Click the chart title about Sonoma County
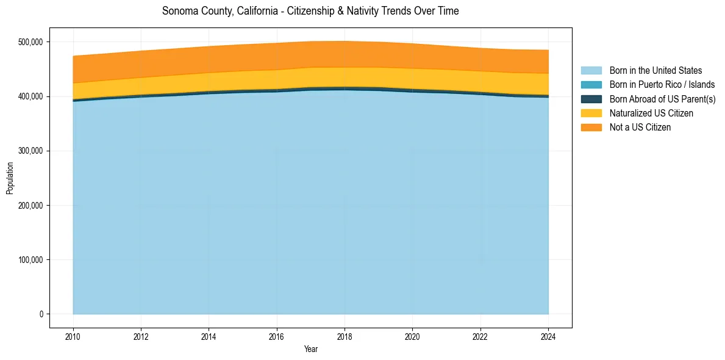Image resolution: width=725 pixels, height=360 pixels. [x=310, y=11]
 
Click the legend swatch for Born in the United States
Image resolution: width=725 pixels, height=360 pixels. [x=591, y=71]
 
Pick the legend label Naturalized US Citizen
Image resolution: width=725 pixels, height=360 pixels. [x=651, y=113]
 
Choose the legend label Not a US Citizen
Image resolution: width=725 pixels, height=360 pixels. [x=640, y=127]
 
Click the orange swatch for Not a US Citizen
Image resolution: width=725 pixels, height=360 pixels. [x=591, y=127]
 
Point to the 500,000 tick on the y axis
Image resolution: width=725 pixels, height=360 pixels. [x=30, y=42]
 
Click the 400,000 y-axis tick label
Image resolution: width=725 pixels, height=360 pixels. [x=30, y=96]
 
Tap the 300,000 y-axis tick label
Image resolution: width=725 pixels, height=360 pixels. [x=30, y=151]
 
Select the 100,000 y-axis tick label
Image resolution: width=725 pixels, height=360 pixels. [x=30, y=260]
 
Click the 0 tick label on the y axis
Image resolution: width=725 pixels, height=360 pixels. [x=41, y=314]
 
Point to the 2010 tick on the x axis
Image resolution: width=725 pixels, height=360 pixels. [x=73, y=336]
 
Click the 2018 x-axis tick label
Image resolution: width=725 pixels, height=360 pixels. [x=345, y=336]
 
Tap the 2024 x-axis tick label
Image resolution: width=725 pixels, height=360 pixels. [x=549, y=336]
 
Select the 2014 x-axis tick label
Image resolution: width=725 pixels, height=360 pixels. [x=209, y=336]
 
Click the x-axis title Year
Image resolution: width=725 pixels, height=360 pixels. [x=310, y=349]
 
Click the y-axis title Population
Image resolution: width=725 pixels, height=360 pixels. [x=10, y=178]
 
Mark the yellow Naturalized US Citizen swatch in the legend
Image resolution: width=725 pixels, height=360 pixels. [x=591, y=113]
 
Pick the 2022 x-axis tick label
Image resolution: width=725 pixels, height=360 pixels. [x=481, y=336]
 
